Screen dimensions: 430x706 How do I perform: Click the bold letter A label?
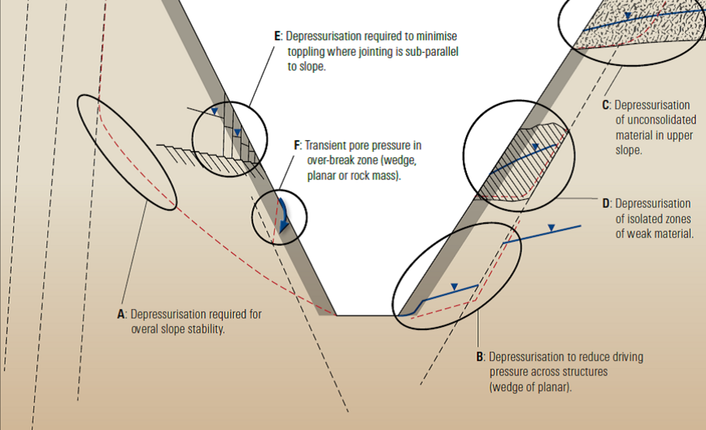click(121, 314)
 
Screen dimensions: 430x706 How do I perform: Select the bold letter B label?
click(480, 357)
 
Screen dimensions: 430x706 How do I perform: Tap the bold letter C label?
click(605, 105)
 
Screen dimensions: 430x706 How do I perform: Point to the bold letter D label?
click(606, 203)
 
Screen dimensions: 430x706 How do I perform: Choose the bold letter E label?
click(277, 36)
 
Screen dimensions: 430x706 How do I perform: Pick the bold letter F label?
click(297, 145)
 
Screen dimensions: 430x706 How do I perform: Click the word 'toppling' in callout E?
click(306, 51)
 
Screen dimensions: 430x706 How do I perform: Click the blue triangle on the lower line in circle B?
click(454, 287)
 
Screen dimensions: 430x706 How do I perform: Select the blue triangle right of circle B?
click(552, 227)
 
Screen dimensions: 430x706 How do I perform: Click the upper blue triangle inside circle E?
click(214, 112)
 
